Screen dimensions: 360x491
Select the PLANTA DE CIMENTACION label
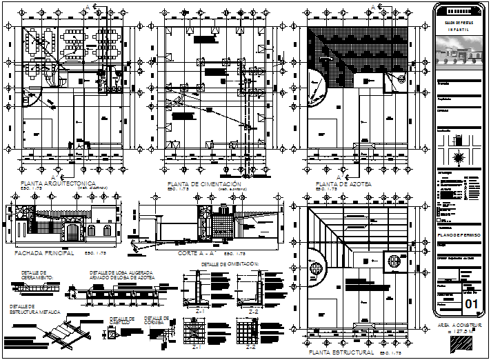click(x=204, y=184)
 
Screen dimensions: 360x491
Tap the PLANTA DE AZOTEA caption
click(x=342, y=184)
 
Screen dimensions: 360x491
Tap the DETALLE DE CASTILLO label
click(x=121, y=320)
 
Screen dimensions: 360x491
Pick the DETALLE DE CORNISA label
click(x=153, y=320)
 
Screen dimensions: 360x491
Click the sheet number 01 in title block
click(x=472, y=304)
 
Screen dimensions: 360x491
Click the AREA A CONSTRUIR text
click(x=461, y=323)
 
